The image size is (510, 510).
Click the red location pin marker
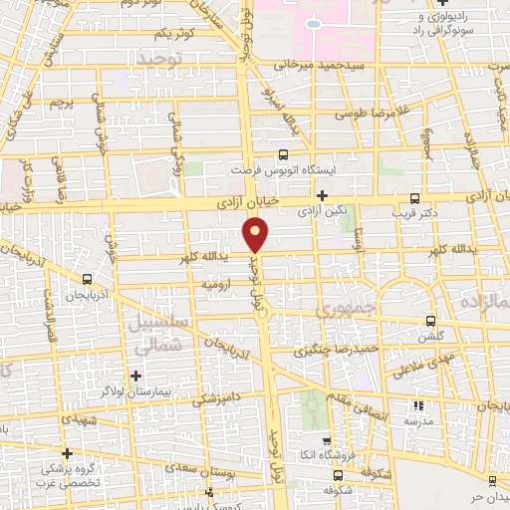tap(256, 235)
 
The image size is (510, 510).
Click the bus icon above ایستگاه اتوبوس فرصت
tap(283, 154)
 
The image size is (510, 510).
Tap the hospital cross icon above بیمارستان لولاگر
tap(136, 376)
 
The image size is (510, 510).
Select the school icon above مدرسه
tap(418, 405)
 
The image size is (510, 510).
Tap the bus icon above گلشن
tap(430, 321)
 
